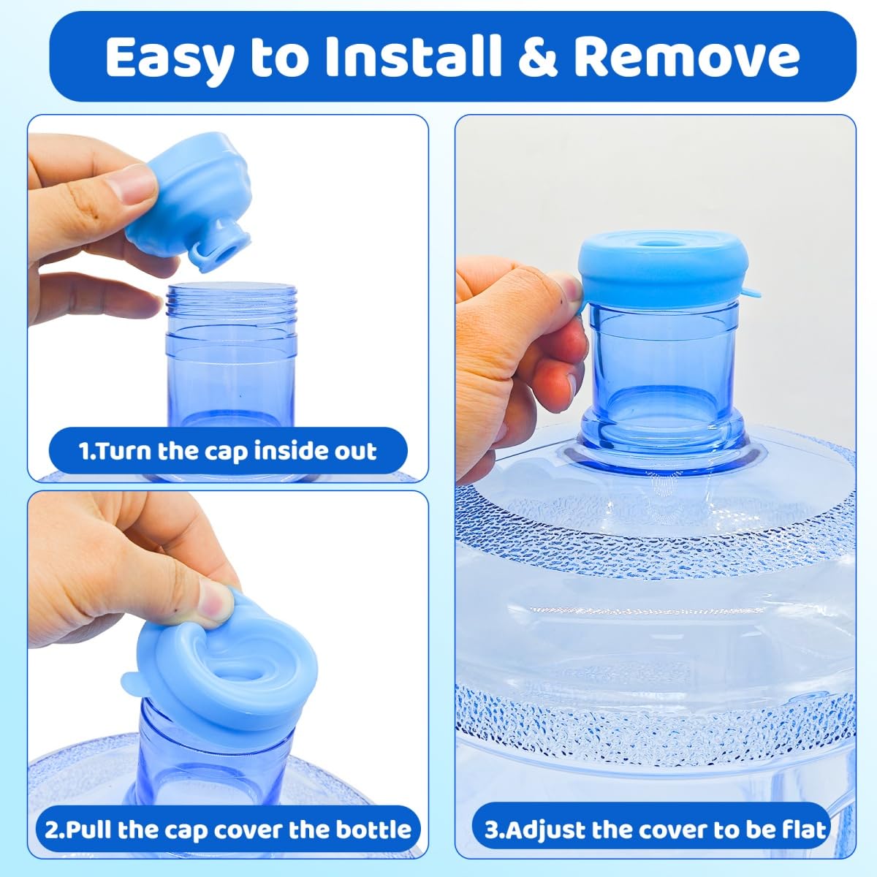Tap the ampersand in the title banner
538,57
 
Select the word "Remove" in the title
686,57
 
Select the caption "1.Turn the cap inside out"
227,451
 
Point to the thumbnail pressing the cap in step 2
216,604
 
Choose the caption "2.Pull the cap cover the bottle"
227,829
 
